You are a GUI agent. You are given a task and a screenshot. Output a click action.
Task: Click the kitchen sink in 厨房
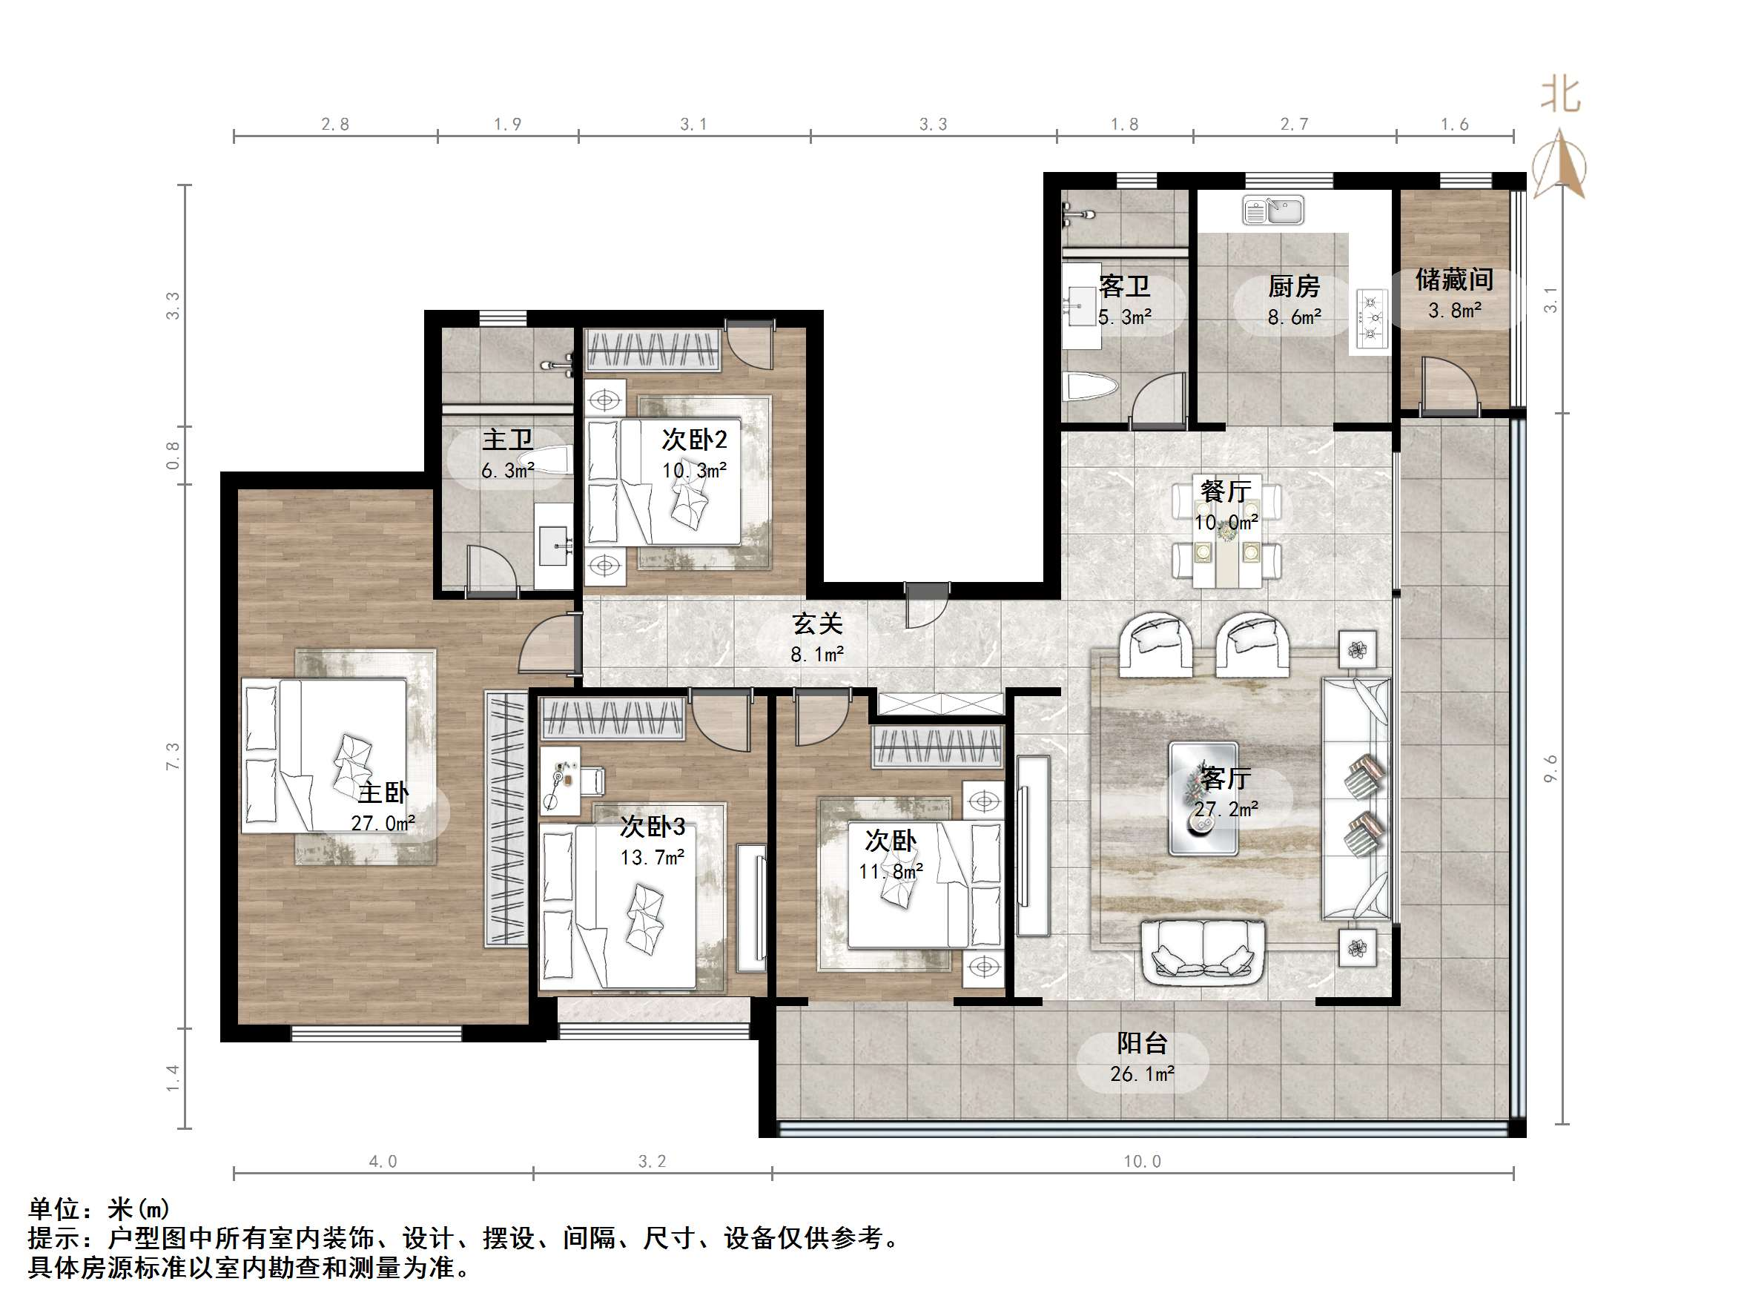[1272, 211]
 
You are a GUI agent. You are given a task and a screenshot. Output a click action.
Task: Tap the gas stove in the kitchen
[1373, 318]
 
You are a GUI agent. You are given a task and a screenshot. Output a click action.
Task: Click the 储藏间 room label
[1454, 279]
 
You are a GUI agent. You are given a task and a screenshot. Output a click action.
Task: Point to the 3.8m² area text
[1454, 311]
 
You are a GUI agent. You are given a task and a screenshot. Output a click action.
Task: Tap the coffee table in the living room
[1203, 798]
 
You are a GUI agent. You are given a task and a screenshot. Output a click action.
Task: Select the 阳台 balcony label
[1142, 1043]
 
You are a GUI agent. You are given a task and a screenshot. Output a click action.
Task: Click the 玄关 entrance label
[817, 623]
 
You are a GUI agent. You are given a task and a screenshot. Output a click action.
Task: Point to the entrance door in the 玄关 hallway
[927, 604]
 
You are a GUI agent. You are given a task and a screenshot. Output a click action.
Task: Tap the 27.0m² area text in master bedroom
[383, 824]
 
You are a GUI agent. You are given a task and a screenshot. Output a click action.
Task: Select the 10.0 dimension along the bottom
[1142, 1162]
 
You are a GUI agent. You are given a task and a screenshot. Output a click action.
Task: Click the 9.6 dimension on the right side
[1550, 768]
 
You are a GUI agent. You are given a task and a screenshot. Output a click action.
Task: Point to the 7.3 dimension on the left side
[173, 755]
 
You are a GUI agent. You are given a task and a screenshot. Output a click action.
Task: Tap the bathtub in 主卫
[545, 460]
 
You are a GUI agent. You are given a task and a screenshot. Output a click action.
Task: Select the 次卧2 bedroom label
[694, 439]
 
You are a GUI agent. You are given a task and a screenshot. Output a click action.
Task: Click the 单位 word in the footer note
[56, 1209]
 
